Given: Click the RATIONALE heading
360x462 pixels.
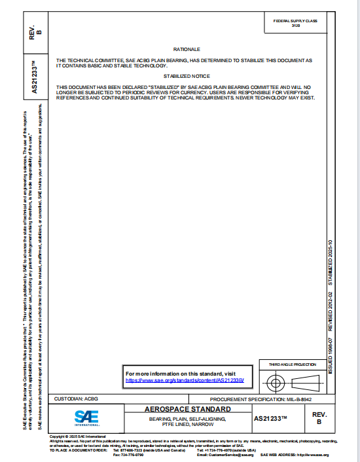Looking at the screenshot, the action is [x=187, y=50].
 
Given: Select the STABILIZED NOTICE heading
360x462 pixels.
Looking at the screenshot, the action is [x=187, y=76].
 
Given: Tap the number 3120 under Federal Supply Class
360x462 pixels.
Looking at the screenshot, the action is [x=295, y=26].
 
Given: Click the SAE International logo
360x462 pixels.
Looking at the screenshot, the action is [x=86, y=417].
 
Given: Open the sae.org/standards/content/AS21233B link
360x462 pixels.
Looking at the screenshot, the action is [x=185, y=380].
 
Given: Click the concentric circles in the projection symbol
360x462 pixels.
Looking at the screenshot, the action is [x=276, y=383].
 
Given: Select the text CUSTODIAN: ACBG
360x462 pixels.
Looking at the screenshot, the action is [x=75, y=399].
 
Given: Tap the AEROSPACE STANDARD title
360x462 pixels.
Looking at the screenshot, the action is [x=187, y=410].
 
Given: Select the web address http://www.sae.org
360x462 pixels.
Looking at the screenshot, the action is [x=314, y=455].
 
